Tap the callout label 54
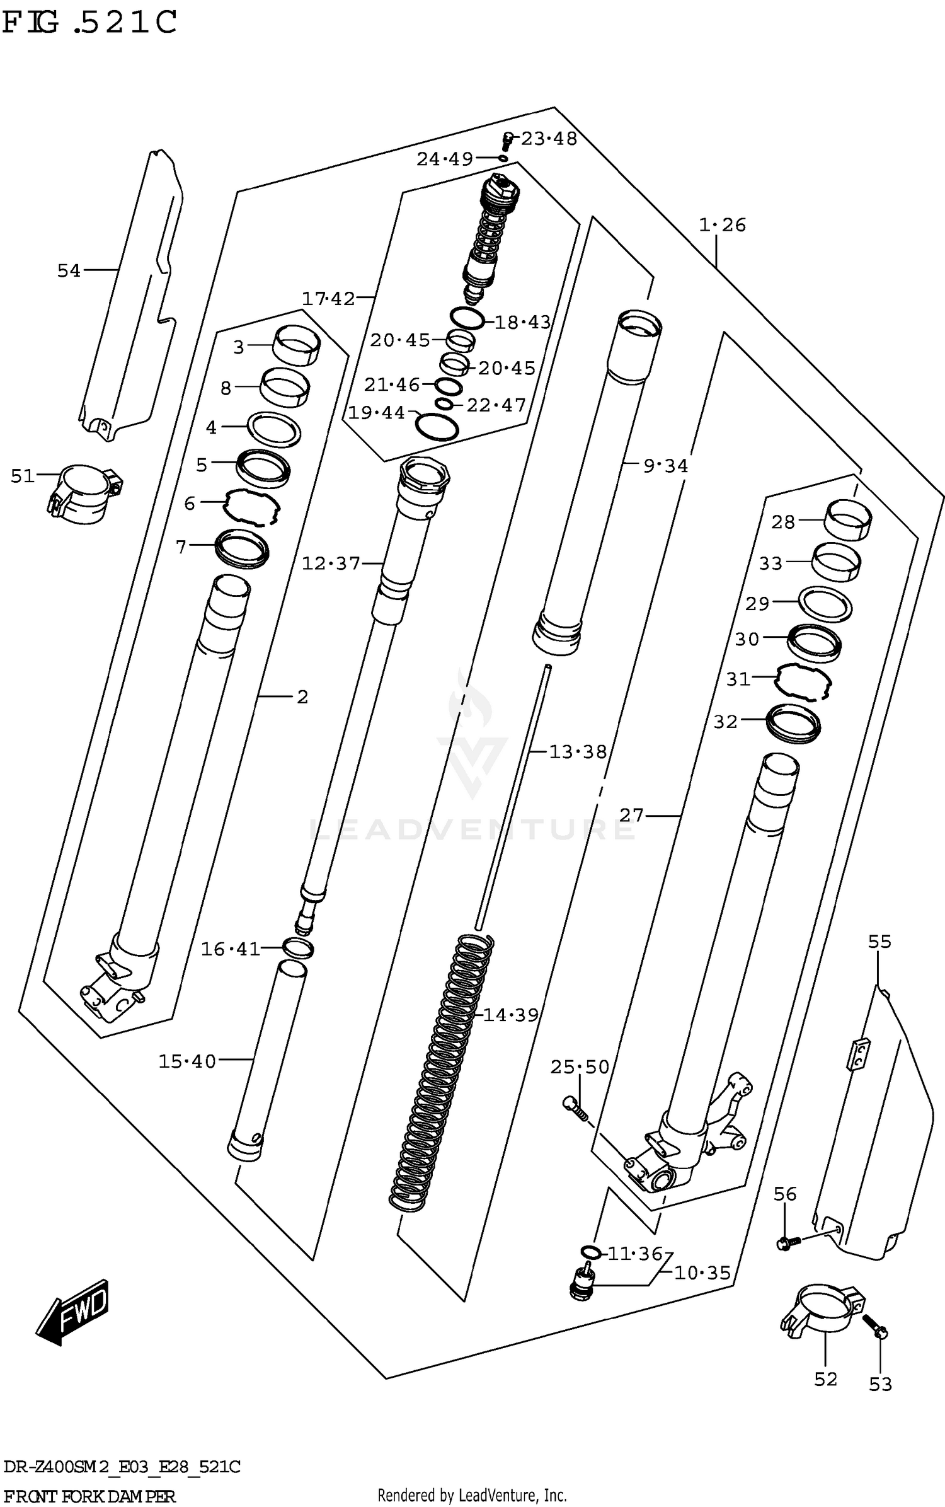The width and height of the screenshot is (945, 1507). pyautogui.click(x=69, y=271)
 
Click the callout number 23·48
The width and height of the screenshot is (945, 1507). pyautogui.click(x=549, y=139)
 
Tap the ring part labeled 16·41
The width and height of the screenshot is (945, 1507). pyautogui.click(x=299, y=947)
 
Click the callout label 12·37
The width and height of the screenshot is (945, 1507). pyautogui.click(x=330, y=563)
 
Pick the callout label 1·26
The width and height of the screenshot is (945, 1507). pyautogui.click(x=722, y=225)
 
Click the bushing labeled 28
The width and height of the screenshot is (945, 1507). pyautogui.click(x=848, y=519)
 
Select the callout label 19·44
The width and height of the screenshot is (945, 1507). pyautogui.click(x=377, y=413)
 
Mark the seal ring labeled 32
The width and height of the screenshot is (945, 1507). pyautogui.click(x=793, y=723)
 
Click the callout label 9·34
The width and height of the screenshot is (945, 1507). pyautogui.click(x=665, y=466)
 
